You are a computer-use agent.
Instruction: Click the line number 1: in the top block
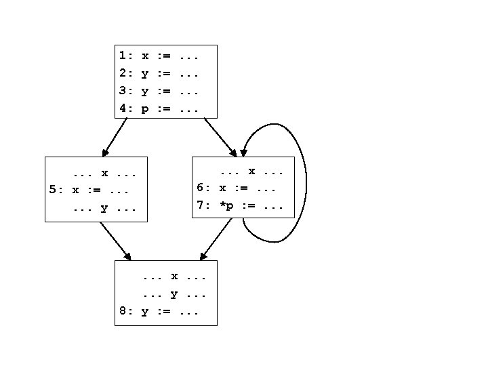coord(126,55)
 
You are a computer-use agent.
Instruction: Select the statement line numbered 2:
coord(159,73)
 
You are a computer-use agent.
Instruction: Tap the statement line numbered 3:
coord(159,91)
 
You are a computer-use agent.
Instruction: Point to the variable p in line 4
coord(145,108)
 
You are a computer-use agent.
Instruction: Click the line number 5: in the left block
coord(56,190)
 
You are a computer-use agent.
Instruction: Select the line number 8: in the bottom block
coord(126,312)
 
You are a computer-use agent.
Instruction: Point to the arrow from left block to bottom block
coord(115,241)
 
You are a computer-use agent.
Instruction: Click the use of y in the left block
coord(104,209)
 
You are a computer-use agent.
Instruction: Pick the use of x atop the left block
coord(104,173)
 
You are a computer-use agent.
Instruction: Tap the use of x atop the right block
coord(251,171)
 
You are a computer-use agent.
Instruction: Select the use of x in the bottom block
coord(174,277)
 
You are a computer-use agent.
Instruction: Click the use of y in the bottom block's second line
coord(174,294)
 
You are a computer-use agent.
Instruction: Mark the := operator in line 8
coord(163,312)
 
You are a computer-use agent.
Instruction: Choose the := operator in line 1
coord(163,55)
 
